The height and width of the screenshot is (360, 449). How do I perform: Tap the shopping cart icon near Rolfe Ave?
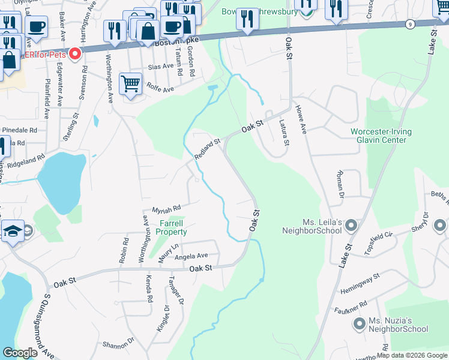tap(130, 83)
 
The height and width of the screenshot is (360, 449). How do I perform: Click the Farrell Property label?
tap(172, 227)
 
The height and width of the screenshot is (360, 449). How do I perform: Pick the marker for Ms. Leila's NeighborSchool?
tap(351, 226)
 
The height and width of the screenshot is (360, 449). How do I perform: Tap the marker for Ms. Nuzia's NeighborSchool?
tap(360, 325)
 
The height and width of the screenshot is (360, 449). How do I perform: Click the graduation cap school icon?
tap(12, 231)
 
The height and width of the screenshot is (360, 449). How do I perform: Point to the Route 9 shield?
tap(409, 24)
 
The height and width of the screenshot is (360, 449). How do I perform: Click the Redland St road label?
tap(208, 149)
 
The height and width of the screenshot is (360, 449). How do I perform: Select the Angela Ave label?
tap(191, 255)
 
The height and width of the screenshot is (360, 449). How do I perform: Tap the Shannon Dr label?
tap(117, 344)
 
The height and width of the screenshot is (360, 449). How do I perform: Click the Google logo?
tap(20, 353)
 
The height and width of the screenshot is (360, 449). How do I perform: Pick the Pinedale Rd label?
tap(19, 130)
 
